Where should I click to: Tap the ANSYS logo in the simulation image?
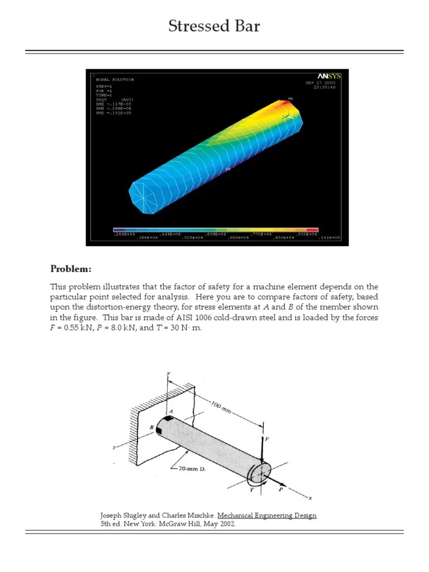click(x=329, y=76)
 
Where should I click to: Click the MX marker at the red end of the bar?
click(x=290, y=99)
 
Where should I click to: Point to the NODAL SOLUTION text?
click(x=115, y=80)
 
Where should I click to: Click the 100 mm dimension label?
click(x=222, y=406)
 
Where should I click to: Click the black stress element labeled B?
click(x=159, y=430)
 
